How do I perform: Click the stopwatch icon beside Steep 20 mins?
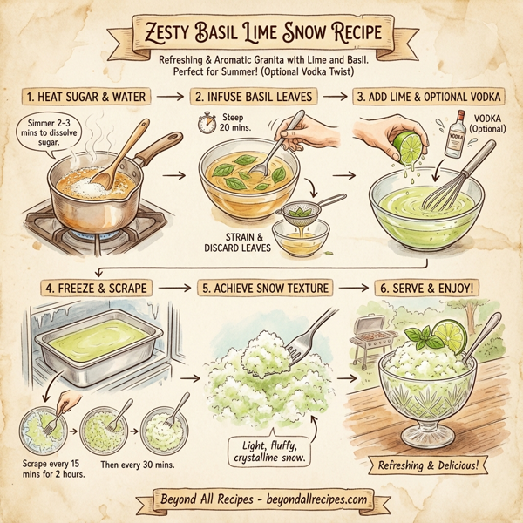tap(207, 124)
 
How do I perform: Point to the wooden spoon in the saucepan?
tap(118, 153)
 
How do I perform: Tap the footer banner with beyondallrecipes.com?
tap(261, 501)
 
